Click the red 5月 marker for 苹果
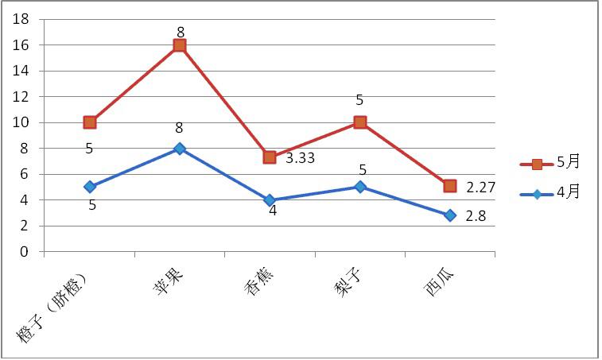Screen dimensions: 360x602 pos(180,45)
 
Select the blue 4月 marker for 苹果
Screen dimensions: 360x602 pos(180,149)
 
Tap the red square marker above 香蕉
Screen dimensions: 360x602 pos(270,157)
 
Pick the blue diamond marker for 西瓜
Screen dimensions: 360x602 pos(450,215)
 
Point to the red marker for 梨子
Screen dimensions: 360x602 pos(360,122)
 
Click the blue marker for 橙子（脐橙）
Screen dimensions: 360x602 pos(90,187)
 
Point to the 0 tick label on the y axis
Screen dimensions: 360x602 pos(25,252)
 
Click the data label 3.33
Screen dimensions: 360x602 pos(301,158)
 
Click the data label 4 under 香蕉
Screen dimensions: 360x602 pos(272,211)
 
